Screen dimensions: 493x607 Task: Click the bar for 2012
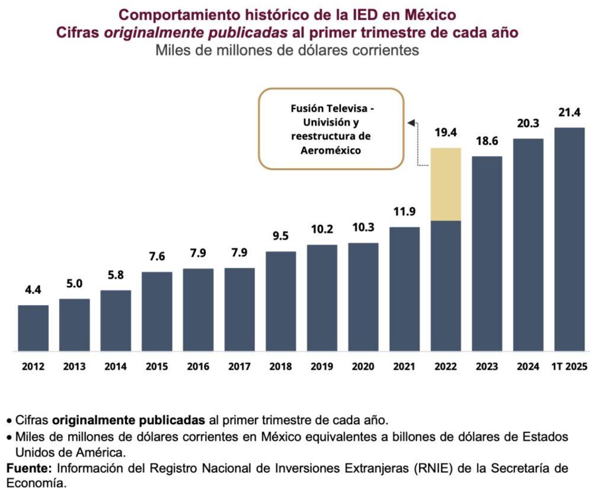33,328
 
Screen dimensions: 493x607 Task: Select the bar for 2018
281,301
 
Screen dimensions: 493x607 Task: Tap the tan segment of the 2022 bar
446,184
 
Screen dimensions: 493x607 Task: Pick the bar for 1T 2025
570,239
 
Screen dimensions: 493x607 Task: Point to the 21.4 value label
570,113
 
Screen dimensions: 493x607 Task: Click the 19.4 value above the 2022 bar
446,133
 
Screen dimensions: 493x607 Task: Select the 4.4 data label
33,292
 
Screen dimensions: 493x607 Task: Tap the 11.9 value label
405,212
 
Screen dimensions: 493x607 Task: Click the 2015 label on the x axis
157,367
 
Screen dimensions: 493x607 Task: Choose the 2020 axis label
363,367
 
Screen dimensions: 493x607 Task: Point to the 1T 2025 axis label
570,367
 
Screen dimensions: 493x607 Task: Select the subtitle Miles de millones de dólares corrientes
287,50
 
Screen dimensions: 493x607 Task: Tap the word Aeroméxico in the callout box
331,151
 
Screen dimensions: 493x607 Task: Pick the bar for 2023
487,254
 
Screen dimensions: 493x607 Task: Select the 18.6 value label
487,142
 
